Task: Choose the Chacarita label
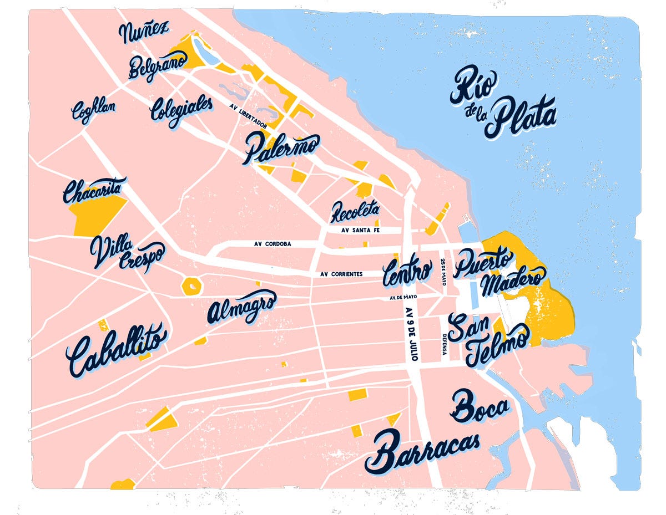(x=94, y=191)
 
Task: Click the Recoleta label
(x=355, y=211)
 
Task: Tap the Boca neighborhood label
(x=480, y=407)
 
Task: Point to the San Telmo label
(x=488, y=340)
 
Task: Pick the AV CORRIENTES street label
(x=341, y=274)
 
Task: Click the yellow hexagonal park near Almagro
(x=191, y=286)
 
